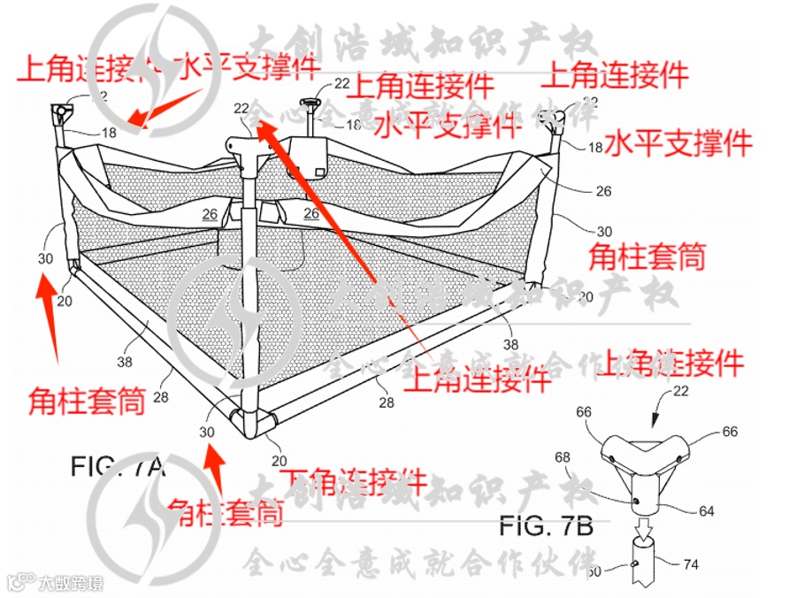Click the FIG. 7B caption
click(x=545, y=525)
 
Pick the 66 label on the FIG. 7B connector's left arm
click(x=586, y=412)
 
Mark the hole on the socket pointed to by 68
click(x=637, y=500)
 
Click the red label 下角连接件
click(x=352, y=483)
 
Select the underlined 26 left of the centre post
click(x=210, y=213)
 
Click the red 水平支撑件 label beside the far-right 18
click(x=678, y=143)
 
